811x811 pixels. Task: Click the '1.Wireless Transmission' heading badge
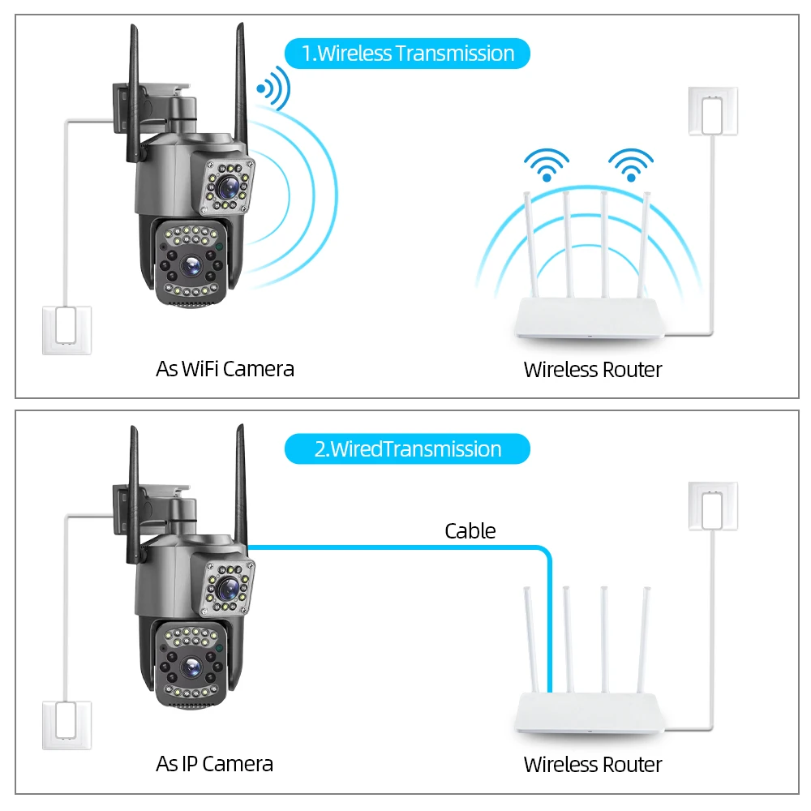(x=407, y=54)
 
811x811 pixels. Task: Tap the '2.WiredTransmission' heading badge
(x=407, y=448)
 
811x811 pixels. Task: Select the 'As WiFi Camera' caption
(x=225, y=369)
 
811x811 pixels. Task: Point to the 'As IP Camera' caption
(x=214, y=763)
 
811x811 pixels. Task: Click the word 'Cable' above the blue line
(x=470, y=531)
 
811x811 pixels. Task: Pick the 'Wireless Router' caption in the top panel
(x=592, y=370)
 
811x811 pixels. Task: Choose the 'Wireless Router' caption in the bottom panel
(x=592, y=764)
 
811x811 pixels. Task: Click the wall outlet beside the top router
(x=713, y=110)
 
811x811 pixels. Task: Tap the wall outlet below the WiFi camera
(x=67, y=329)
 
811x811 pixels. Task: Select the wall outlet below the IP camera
(x=67, y=725)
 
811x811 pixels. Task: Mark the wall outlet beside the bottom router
(x=713, y=506)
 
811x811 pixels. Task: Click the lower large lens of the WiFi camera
(x=192, y=265)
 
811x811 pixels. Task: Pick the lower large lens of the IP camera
(x=192, y=667)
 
